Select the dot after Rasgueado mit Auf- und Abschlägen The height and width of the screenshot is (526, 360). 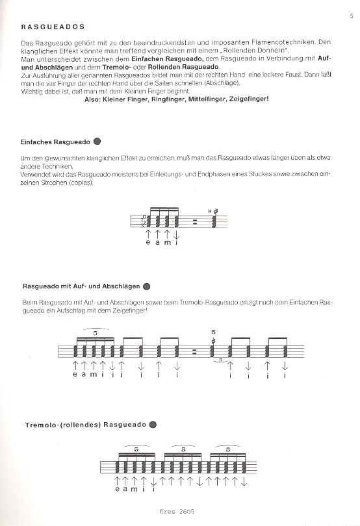point(146,286)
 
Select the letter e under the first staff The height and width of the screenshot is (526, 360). point(148,244)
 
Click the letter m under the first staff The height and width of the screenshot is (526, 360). point(167,244)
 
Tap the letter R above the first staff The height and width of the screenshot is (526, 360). point(209,212)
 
